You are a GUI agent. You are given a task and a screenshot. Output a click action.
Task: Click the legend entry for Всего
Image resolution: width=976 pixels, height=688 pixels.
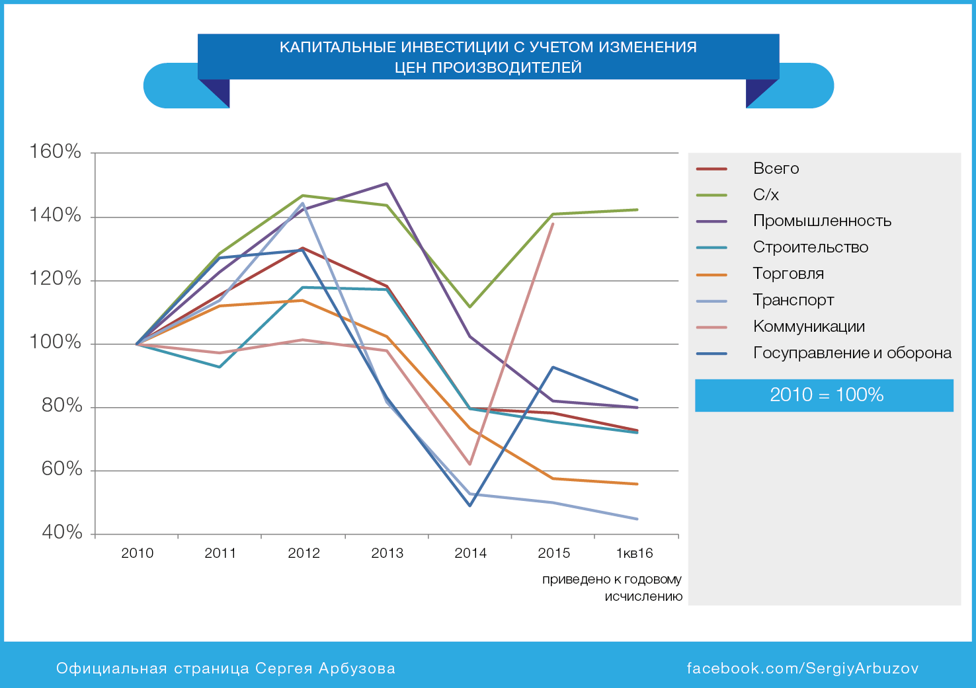coord(776,169)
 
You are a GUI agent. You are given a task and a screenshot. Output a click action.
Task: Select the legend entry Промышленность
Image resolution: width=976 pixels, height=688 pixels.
coord(821,221)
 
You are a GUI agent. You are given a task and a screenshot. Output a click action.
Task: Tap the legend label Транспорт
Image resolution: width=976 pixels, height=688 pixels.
coord(793,301)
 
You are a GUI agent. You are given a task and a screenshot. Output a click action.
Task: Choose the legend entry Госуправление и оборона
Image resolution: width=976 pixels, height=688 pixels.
coord(852,354)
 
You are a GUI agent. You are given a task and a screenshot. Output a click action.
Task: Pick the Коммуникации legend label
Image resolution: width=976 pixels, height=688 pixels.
coord(808,327)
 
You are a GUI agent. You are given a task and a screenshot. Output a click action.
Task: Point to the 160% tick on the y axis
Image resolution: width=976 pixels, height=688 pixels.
coord(55,152)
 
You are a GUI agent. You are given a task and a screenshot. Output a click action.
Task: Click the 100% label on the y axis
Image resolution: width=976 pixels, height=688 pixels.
coord(55,342)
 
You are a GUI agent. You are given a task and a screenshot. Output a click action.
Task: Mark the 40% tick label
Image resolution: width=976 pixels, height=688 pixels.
coord(61,533)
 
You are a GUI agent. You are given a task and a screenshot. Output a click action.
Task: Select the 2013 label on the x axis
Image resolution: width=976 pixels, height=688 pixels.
coord(387,553)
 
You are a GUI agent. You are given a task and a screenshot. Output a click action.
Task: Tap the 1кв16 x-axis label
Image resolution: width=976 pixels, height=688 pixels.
coord(634,553)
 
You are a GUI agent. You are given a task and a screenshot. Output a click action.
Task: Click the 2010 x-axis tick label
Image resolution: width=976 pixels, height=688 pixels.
coord(137,553)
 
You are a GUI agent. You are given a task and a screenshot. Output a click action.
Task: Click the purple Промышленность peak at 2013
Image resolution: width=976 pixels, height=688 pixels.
coord(387,184)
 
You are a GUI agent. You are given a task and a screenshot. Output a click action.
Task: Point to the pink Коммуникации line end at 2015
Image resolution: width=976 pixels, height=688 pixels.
coord(553,224)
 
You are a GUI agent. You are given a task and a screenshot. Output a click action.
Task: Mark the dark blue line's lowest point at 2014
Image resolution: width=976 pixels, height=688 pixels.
coord(470,506)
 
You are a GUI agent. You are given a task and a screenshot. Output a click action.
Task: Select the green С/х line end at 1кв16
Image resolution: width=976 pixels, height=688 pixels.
coord(637,210)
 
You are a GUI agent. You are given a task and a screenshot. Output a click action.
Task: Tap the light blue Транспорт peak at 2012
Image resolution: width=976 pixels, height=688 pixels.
coord(304,204)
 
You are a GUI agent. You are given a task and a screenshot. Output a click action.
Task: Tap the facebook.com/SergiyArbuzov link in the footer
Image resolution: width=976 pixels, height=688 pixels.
coord(802,668)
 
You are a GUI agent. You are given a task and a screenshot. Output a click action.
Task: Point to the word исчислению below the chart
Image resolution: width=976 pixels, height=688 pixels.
coord(643,597)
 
